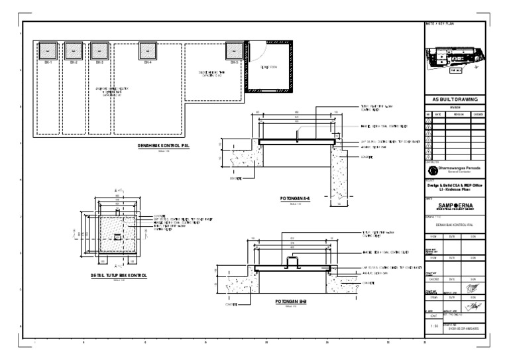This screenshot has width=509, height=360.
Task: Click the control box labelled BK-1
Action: [x=48, y=50]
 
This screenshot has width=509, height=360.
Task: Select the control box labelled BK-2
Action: [x=72, y=50]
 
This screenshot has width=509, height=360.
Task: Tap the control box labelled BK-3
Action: [x=99, y=50]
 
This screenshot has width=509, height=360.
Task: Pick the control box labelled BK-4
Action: [x=148, y=50]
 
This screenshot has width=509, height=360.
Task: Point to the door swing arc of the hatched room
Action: [x=260, y=52]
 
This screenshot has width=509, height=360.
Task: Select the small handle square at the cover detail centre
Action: [x=117, y=237]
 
